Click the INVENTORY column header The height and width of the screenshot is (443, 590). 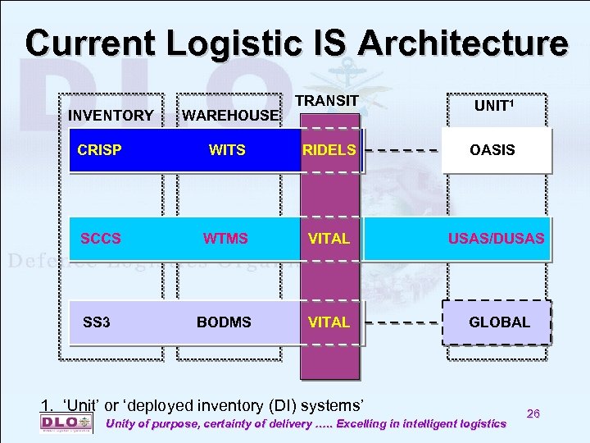(111, 116)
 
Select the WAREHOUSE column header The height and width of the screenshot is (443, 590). (230, 116)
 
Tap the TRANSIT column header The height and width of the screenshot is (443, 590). (327, 100)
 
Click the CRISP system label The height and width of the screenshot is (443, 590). (99, 150)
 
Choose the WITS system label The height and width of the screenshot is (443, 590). (227, 150)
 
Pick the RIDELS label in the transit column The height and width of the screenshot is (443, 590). (329, 150)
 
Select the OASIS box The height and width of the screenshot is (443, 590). (495, 150)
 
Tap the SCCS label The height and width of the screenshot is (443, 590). (101, 239)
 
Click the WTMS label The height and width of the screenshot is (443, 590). (226, 239)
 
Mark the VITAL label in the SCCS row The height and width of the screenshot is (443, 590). (329, 239)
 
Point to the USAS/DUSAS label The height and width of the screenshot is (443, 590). (495, 239)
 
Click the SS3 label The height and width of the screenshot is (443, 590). (97, 322)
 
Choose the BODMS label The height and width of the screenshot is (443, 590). (224, 322)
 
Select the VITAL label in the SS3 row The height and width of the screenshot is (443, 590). (329, 322)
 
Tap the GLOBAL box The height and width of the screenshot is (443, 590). (498, 322)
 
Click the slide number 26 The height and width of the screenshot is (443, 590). (533, 414)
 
